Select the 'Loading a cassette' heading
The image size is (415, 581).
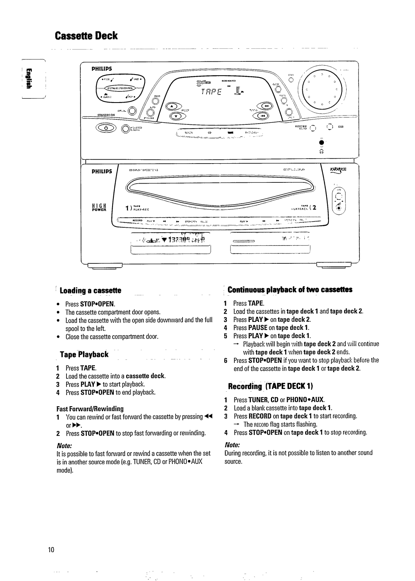pyautogui.click(x=90, y=290)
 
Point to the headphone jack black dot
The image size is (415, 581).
pyautogui.click(x=319, y=142)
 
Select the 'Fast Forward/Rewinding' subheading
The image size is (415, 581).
pyautogui.click(x=90, y=409)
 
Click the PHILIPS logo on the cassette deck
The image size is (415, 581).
pyautogui.click(x=102, y=171)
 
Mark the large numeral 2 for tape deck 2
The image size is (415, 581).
pyautogui.click(x=314, y=208)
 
